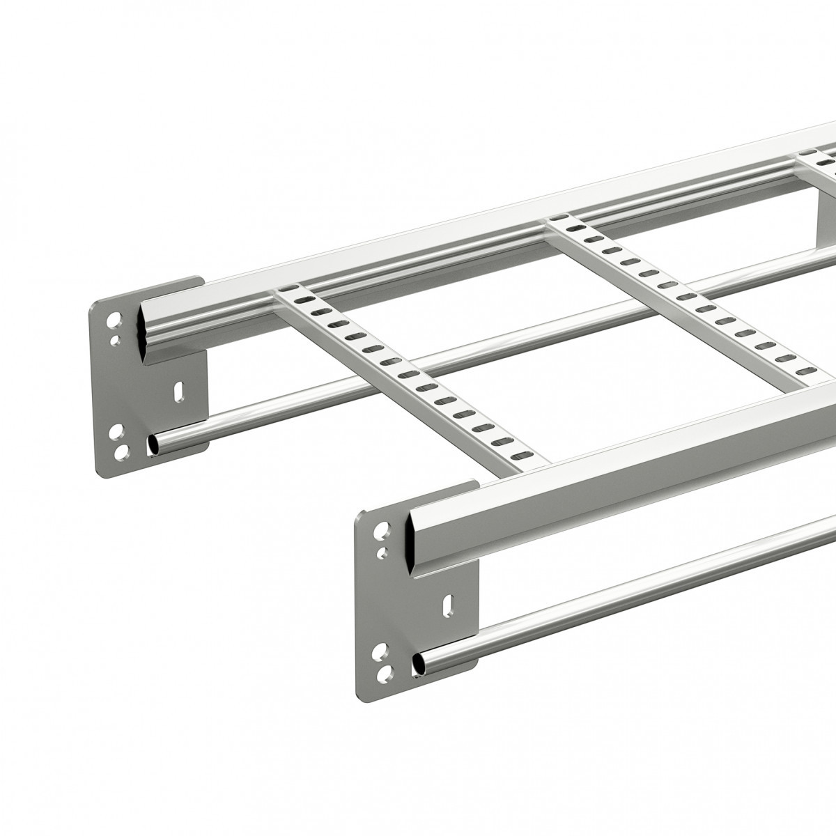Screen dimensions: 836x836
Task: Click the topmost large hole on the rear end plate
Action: pyautogui.click(x=114, y=323)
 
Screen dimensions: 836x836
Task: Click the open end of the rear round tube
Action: pyautogui.click(x=154, y=444)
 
